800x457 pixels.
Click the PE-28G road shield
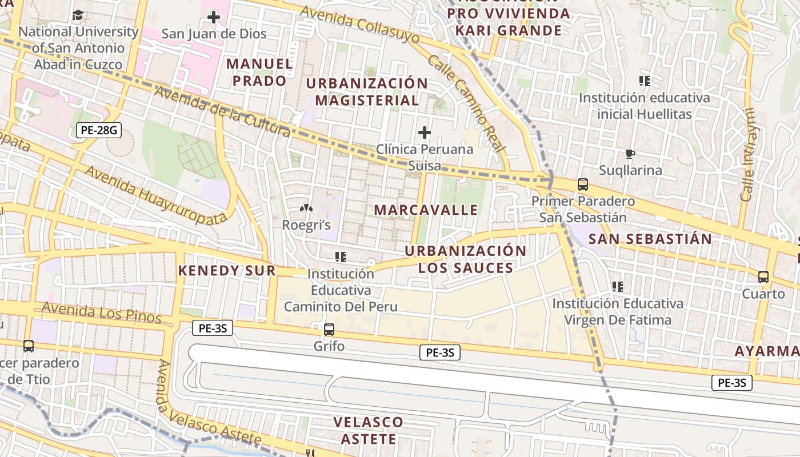click(99, 130)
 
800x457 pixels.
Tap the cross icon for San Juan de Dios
click(214, 17)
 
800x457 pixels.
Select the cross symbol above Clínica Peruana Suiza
click(425, 133)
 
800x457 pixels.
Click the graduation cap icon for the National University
click(78, 15)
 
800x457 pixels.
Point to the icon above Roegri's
click(306, 210)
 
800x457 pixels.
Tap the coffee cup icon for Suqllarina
click(630, 154)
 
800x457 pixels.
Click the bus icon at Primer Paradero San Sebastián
click(583, 185)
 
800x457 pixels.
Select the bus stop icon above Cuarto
click(763, 277)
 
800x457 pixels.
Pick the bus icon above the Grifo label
click(329, 330)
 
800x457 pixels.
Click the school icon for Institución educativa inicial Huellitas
click(645, 81)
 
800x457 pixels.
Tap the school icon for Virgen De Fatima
click(618, 286)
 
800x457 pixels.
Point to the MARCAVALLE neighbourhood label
click(426, 210)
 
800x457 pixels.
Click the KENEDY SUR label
click(227, 271)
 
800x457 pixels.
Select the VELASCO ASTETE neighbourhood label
click(368, 431)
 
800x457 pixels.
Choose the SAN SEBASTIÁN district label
click(650, 239)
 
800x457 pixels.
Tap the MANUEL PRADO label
click(259, 72)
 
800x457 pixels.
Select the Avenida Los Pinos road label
click(101, 313)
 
